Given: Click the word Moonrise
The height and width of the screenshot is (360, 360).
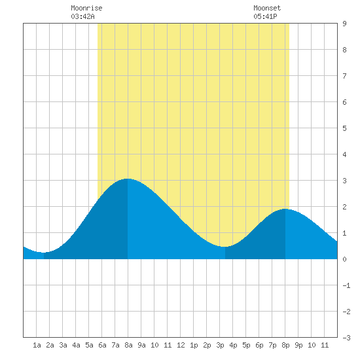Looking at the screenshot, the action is coord(86,8).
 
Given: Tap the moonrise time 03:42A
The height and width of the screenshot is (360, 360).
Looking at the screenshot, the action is coord(82,16).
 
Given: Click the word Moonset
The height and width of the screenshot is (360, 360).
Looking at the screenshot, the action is coord(267,8).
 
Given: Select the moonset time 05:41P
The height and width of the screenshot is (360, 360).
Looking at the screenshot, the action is coord(265,16).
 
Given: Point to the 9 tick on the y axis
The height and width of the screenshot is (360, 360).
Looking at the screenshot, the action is coord(344,24).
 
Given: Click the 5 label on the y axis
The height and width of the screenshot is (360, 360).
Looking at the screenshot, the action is coord(344,128).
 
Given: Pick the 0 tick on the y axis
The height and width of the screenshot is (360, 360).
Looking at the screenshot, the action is coord(344,259).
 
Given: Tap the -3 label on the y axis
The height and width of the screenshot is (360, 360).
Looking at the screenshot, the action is coord(346,338).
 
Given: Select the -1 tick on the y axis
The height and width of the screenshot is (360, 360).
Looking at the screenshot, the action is coord(346,285).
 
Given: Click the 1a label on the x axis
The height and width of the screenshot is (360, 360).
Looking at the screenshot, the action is coord(37,345).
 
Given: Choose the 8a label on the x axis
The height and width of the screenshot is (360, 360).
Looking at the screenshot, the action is coord(128,345).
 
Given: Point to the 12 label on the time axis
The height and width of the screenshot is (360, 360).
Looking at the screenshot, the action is coord(181,345).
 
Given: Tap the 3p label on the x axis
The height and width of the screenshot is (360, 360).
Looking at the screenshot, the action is coord(220,345).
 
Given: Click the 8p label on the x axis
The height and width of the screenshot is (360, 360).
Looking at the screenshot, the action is coord(285,345).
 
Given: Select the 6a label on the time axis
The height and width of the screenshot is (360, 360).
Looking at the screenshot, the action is coord(102,345).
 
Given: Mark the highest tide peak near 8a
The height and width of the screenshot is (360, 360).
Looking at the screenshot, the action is coord(128,179).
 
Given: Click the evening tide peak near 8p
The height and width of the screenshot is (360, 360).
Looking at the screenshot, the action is coord(285,209).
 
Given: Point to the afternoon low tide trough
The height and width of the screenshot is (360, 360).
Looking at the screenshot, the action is coord(225,247).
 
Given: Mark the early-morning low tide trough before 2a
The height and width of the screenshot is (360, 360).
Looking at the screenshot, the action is coord(44,252).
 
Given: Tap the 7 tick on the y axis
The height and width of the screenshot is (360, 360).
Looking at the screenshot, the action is coord(344,76).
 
